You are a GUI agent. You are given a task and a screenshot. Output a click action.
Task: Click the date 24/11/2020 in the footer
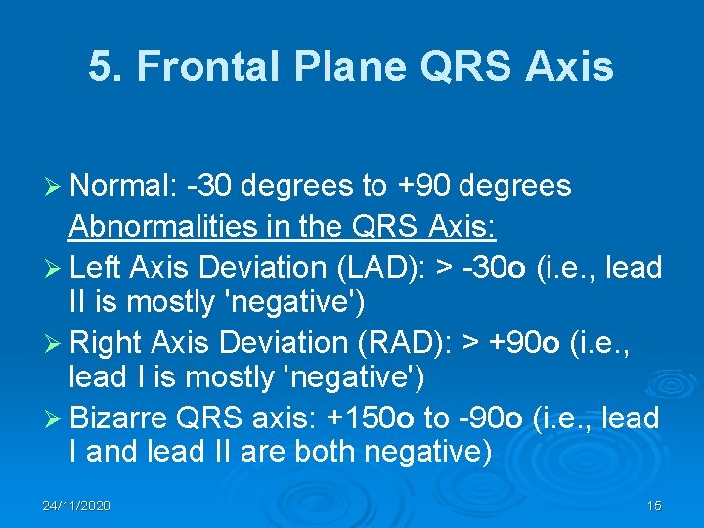pos(76,506)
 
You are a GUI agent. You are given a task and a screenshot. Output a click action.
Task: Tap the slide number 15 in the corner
pos(654,506)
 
